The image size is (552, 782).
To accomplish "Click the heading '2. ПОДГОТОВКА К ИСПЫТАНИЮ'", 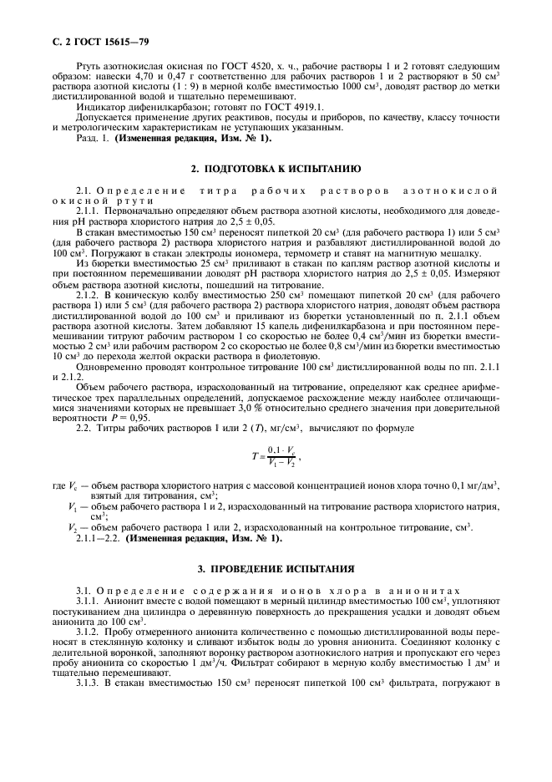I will (x=276, y=168).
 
